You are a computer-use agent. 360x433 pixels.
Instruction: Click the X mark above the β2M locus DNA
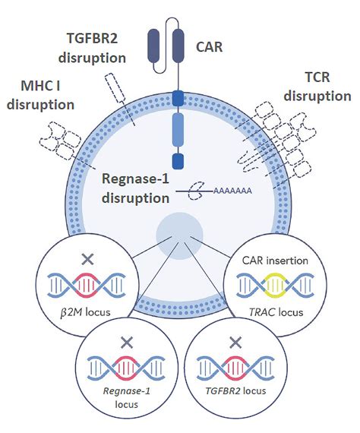87,260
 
